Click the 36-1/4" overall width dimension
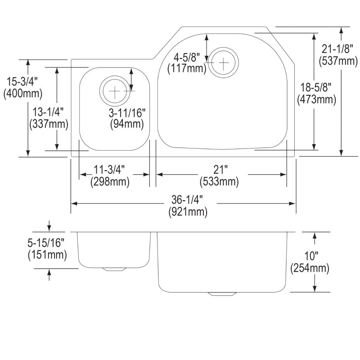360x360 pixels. coord(187,200)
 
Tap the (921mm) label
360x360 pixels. coord(188,211)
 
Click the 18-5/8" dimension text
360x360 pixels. coord(316,87)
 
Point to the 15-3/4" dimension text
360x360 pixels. coord(22,81)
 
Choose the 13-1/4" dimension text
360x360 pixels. coord(48,112)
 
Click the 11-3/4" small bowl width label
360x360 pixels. coord(109,170)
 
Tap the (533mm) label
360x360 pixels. coord(219,182)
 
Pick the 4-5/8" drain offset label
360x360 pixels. coord(186,57)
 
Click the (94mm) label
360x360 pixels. coord(127,124)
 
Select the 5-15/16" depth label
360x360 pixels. coord(46,243)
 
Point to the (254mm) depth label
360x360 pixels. coord(310,268)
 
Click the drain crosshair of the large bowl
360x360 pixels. coord(223,63)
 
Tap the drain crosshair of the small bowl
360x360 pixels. coord(115,91)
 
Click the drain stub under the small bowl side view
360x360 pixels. coord(115,269)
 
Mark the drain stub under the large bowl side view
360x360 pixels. coord(222,294)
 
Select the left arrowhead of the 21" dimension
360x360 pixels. coord(160,175)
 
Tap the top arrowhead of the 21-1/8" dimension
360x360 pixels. coord(342,31)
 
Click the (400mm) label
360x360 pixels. coord(23,94)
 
